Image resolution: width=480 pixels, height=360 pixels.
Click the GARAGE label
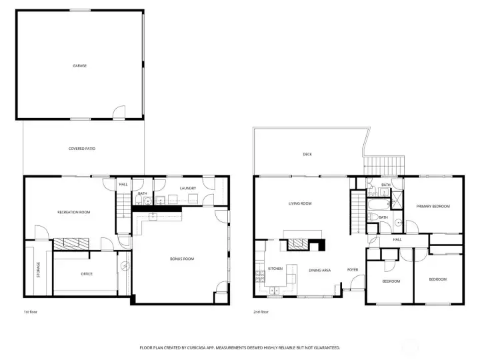click(x=80, y=66)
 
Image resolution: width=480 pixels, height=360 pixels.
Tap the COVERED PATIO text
click(x=82, y=149)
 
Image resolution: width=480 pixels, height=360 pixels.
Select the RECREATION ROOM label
click(x=73, y=212)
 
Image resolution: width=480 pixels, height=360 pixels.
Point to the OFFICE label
click(x=87, y=274)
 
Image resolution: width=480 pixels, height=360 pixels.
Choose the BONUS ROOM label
click(x=181, y=259)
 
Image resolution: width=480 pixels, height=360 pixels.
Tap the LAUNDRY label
click(x=188, y=188)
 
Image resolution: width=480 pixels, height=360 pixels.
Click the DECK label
click(x=307, y=154)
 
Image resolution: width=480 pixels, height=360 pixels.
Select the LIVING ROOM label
click(x=300, y=203)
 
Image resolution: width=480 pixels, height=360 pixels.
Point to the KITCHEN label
click(x=275, y=269)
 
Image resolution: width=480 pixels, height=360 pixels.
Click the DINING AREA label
click(x=319, y=270)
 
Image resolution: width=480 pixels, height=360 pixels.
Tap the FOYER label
click(x=353, y=269)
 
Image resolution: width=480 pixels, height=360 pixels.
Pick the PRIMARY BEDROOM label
click(x=433, y=206)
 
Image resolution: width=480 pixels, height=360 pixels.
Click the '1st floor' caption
click(x=30, y=311)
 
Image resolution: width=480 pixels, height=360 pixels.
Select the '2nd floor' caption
click(x=261, y=311)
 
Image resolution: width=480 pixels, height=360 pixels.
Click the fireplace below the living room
click(x=304, y=244)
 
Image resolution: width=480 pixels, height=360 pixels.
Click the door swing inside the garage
click(x=118, y=112)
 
